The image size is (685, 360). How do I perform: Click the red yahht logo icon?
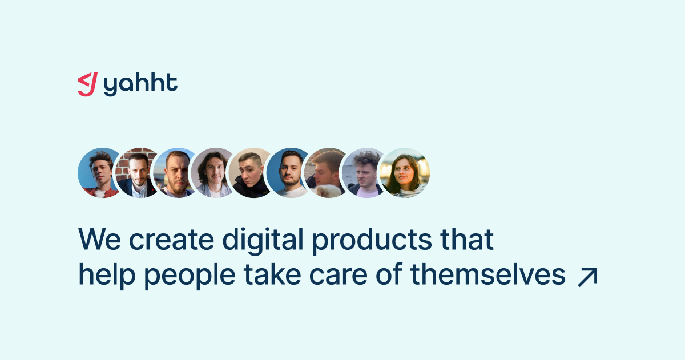coord(88,84)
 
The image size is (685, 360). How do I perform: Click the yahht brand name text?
coord(140,84)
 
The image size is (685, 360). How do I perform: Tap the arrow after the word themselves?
coord(587,277)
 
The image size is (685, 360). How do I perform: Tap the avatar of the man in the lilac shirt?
coord(363,173)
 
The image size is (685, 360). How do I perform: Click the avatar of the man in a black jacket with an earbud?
coord(250,173)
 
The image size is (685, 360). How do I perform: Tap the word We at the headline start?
coord(99,239)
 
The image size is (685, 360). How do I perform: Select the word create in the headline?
coord(172,240)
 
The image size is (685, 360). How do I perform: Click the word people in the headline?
coord(190,276)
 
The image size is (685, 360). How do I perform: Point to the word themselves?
coord(487,274)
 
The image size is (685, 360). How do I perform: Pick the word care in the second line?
coord(338,275)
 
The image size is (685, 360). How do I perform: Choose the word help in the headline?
coord(107,276)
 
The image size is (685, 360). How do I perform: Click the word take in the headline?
coord(272,274)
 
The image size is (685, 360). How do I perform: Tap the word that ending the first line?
coord(467,239)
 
